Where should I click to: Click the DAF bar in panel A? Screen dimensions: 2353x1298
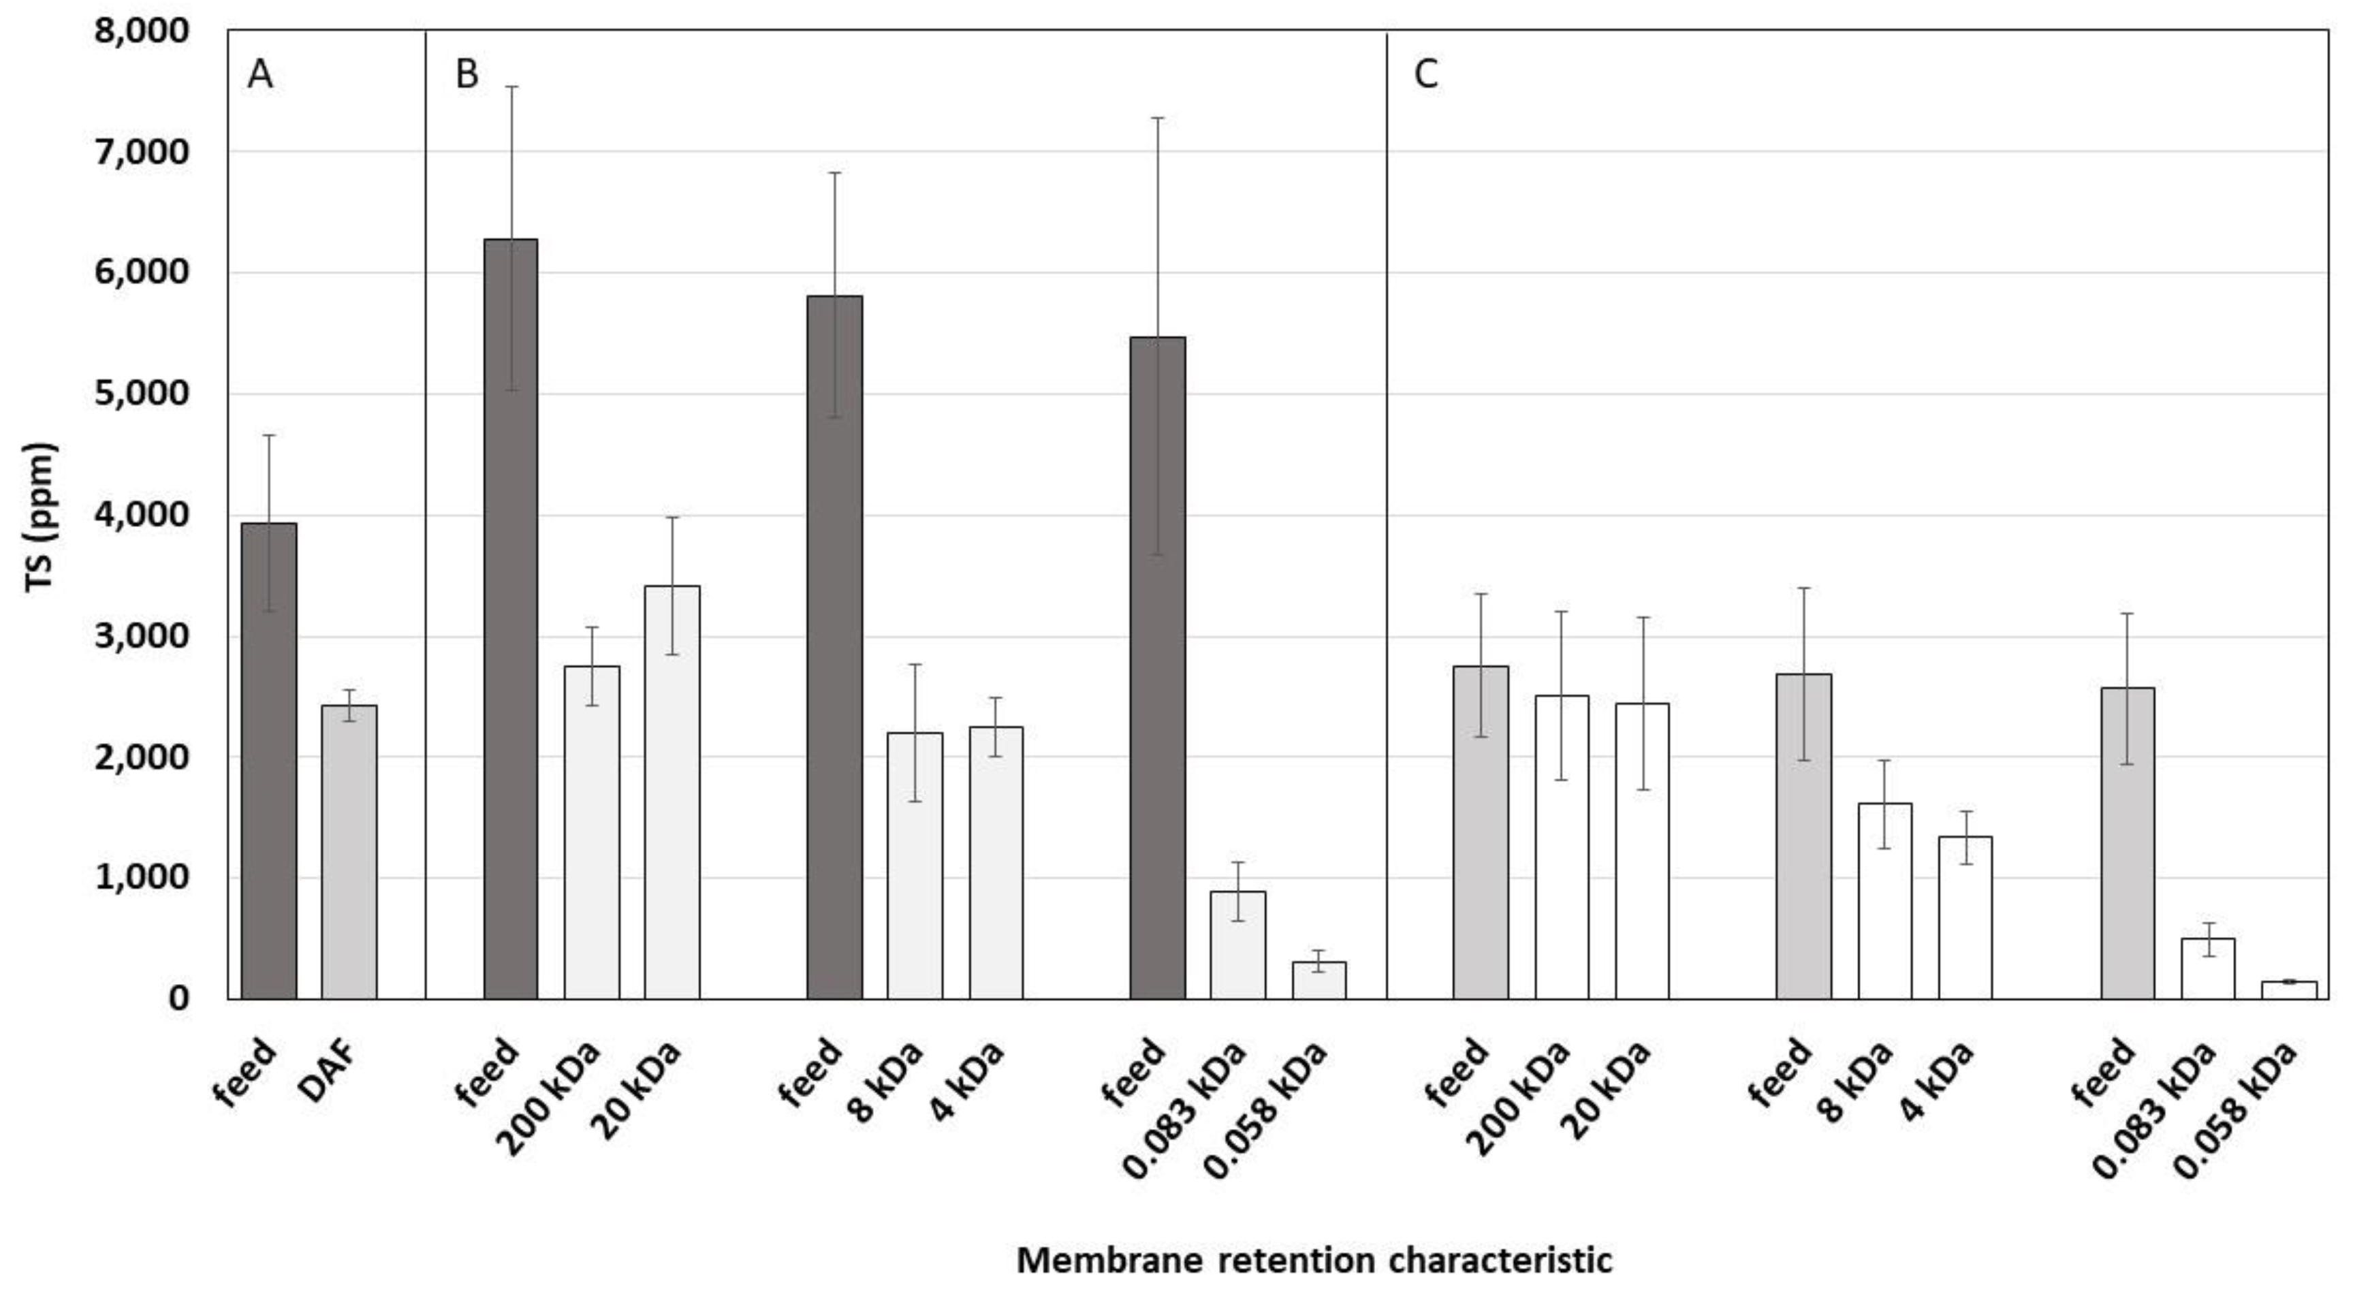349,851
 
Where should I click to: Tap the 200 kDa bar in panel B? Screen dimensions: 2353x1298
592,832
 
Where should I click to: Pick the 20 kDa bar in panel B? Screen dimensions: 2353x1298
672,792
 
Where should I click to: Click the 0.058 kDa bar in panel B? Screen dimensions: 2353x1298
1319,980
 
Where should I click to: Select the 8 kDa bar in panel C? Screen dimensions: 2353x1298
1884,901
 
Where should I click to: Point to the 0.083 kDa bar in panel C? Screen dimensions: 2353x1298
2208,968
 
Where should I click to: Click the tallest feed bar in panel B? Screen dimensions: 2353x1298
511,619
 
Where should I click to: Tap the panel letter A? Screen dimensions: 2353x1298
259,75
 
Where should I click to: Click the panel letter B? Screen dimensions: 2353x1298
467,75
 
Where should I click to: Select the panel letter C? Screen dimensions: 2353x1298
1426,75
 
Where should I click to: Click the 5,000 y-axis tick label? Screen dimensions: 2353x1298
142,394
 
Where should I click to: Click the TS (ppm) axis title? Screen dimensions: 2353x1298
41,517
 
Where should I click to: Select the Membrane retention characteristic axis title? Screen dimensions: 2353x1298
1314,1261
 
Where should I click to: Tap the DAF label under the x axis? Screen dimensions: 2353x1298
326,1071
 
